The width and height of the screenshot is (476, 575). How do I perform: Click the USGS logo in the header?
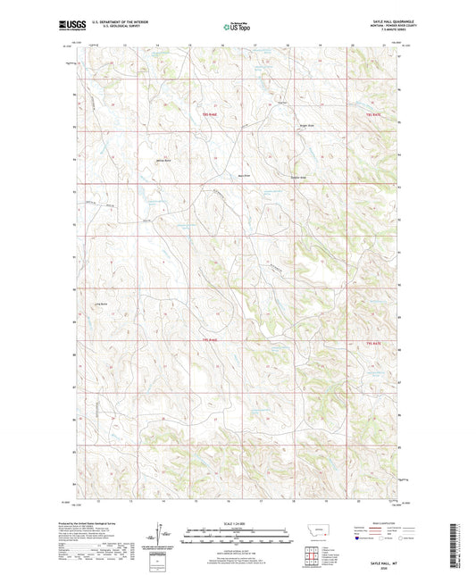coord(68,27)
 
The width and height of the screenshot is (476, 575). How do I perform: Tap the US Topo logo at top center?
coord(237,27)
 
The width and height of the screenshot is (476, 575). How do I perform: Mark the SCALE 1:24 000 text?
coord(238,523)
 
